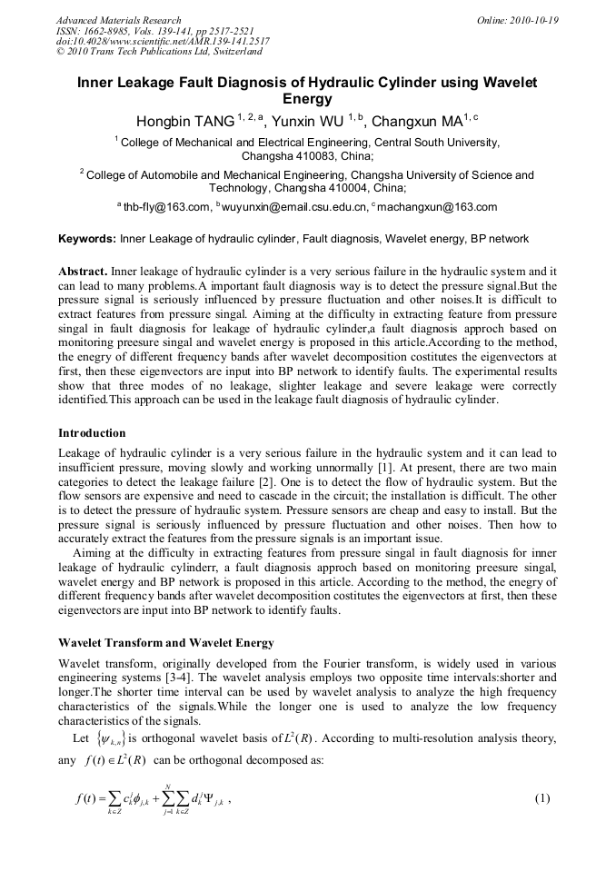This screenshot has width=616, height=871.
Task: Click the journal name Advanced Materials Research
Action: coord(118,20)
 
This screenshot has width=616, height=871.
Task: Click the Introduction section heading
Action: coord(92,432)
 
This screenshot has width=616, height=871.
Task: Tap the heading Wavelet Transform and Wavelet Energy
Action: coord(165,643)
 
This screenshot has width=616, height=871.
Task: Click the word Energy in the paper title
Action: coord(307,99)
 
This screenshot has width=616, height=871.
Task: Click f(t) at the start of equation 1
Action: coord(87,799)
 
